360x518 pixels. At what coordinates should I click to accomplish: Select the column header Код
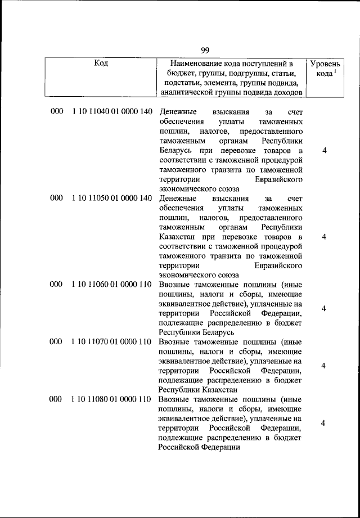(101, 64)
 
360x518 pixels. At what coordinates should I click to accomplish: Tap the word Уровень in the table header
(324, 64)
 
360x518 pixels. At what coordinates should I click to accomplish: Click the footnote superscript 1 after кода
(336, 71)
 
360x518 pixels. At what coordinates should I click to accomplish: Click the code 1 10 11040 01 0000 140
(112, 111)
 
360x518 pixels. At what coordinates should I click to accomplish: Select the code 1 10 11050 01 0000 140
(112, 198)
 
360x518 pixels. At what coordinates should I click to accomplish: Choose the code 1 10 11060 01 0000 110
(111, 285)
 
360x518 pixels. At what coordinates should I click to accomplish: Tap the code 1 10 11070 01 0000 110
(111, 341)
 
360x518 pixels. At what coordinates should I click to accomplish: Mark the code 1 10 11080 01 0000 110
(111, 399)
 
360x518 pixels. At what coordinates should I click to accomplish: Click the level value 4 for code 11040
(324, 151)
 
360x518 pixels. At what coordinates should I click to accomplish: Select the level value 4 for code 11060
(324, 309)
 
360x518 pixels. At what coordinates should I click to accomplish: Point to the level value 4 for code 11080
(324, 424)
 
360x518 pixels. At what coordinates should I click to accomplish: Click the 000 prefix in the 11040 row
(56, 111)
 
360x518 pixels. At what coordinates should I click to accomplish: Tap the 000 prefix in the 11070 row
(56, 341)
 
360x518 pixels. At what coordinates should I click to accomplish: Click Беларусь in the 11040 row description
(175, 151)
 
